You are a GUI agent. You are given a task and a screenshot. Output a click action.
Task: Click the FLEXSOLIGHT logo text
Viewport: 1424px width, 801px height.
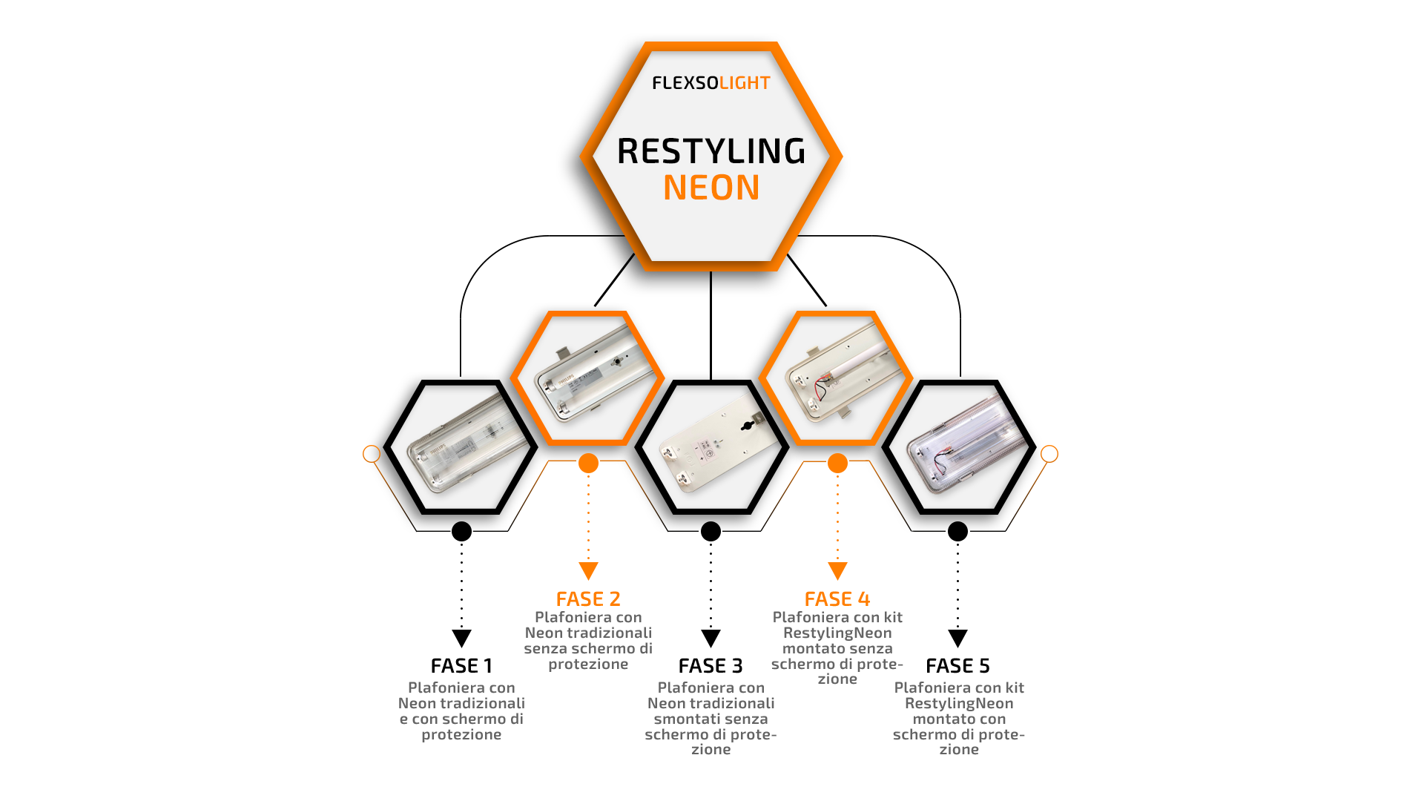711,83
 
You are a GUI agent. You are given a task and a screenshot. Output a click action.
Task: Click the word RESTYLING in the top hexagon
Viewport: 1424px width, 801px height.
711,151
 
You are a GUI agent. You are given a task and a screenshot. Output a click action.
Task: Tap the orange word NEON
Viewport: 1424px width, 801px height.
711,188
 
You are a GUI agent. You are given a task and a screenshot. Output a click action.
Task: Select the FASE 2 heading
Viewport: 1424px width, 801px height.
588,599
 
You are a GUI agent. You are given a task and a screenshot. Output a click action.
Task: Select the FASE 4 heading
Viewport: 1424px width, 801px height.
837,599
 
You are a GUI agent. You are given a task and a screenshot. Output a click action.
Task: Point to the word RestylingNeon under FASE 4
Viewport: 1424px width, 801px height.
837,633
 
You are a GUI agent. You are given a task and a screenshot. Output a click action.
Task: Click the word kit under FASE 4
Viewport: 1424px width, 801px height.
893,617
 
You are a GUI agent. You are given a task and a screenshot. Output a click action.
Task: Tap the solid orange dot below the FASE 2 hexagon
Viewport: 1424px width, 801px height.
588,464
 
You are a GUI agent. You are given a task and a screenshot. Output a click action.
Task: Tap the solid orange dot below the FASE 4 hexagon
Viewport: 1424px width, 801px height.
837,464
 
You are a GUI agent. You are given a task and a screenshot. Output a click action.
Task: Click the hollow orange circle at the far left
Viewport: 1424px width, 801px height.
372,453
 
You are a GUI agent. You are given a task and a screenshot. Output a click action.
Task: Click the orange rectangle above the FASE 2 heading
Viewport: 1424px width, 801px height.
597,575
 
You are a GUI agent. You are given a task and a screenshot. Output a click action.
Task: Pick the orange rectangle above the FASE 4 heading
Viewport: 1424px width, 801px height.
839,574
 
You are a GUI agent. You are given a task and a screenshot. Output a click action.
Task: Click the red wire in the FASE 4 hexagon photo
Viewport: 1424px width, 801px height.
821,388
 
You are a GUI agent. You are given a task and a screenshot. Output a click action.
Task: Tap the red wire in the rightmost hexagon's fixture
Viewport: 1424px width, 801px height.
940,461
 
